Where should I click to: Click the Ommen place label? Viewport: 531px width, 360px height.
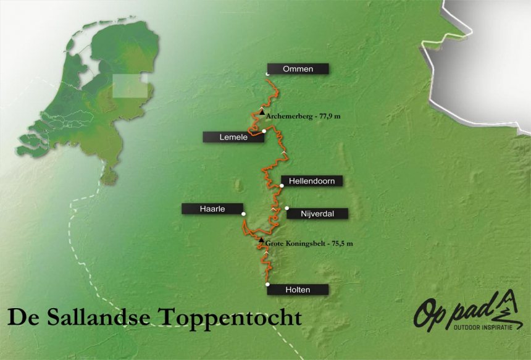(x=298, y=69)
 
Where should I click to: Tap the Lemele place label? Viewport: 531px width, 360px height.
(x=233, y=137)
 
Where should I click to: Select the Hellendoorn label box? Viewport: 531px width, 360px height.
(x=311, y=181)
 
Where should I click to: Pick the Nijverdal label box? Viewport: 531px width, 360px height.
(x=316, y=214)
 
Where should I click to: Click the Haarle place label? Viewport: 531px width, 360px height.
(x=212, y=209)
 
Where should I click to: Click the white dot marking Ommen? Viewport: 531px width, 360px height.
(x=267, y=74)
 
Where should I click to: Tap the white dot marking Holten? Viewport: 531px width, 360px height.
(x=267, y=284)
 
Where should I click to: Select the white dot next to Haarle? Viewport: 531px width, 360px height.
(x=244, y=214)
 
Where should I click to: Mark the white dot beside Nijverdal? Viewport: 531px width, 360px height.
(x=286, y=208)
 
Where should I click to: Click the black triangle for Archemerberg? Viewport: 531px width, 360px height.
(x=262, y=112)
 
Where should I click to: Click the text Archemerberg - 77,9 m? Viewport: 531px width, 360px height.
(x=303, y=115)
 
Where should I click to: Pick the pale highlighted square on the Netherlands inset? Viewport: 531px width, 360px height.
(x=131, y=87)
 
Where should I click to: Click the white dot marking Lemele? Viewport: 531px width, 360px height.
(x=264, y=131)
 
